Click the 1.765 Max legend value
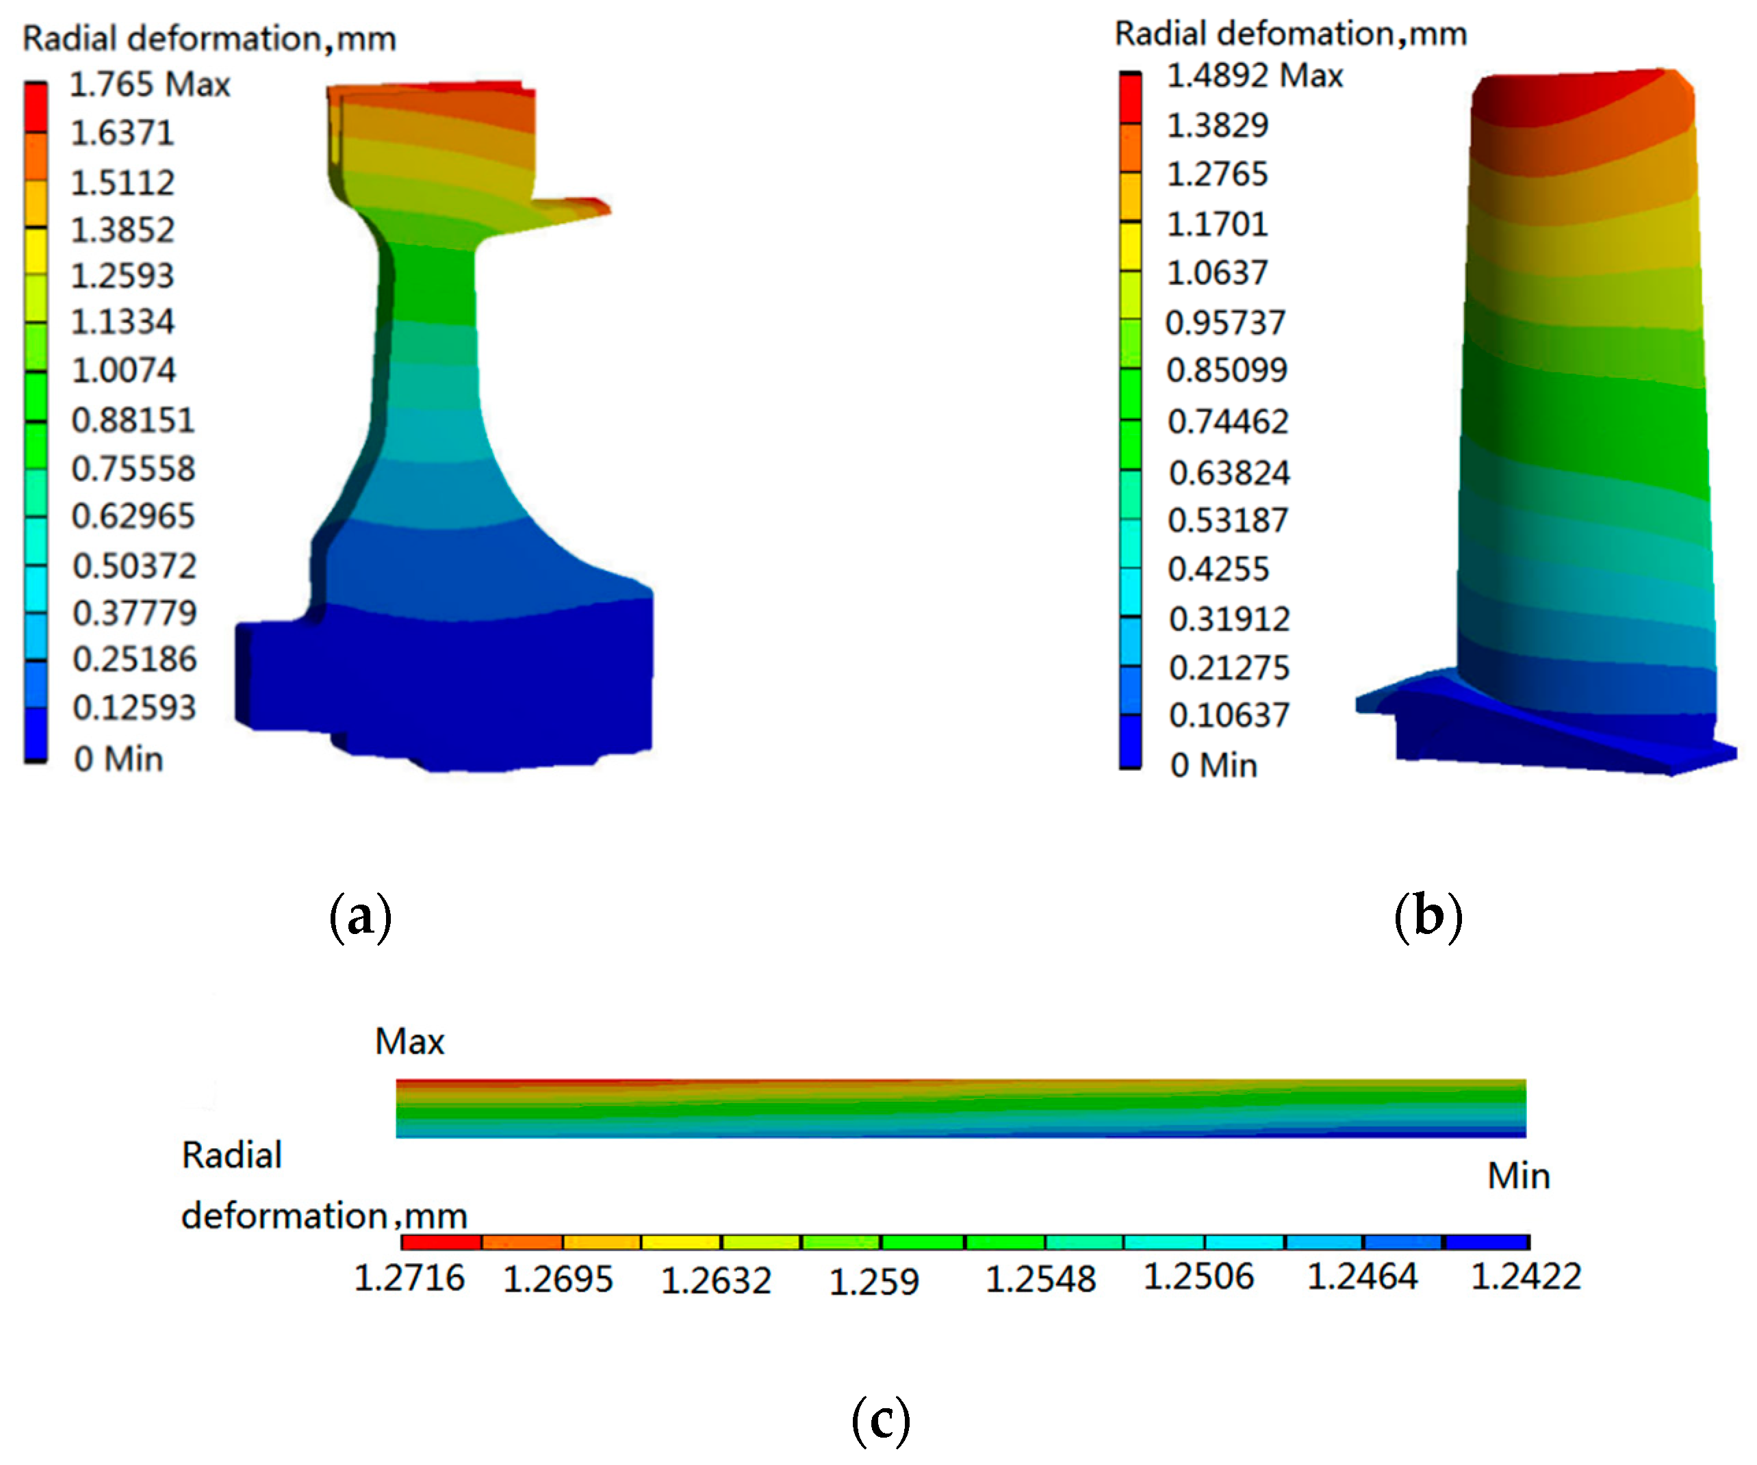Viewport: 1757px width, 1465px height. click(x=149, y=84)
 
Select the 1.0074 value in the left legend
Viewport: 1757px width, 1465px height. click(x=123, y=370)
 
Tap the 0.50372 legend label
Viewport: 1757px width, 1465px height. click(x=134, y=566)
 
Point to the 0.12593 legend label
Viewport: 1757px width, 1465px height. click(x=134, y=707)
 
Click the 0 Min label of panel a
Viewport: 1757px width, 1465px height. click(x=118, y=759)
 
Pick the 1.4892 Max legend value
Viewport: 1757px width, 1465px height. click(x=1254, y=75)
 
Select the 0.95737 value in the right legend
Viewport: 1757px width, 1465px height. click(x=1225, y=322)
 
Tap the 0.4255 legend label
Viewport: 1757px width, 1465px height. click(x=1218, y=569)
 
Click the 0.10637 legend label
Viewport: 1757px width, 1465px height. click(x=1228, y=715)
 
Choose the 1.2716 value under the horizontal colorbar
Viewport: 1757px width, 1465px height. click(x=409, y=1278)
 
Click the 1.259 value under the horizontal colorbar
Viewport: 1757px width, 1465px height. click(x=873, y=1281)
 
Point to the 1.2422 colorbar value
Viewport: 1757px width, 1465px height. click(x=1525, y=1276)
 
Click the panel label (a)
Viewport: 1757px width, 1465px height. click(x=361, y=917)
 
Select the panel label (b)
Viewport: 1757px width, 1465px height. click(x=1428, y=917)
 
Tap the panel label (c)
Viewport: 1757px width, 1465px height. click(x=880, y=1420)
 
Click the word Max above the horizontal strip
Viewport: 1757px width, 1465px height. click(x=409, y=1041)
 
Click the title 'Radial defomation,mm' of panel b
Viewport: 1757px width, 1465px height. click(x=1290, y=34)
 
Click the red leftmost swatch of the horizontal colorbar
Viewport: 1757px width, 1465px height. click(x=441, y=1243)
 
